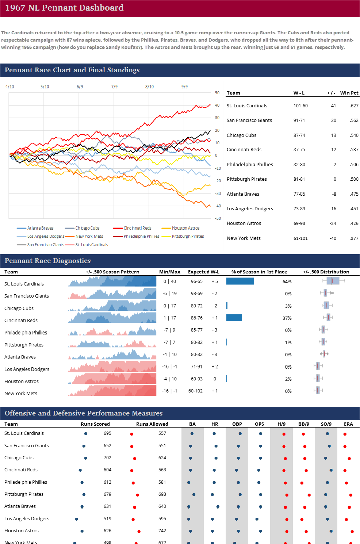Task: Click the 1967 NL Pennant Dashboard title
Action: coord(64,8)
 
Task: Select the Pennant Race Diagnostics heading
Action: coord(47,261)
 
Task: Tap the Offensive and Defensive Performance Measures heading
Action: coord(84,413)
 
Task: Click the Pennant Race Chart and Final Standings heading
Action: coord(72,70)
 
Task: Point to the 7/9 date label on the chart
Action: coord(114,87)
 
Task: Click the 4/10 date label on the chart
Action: coord(9,87)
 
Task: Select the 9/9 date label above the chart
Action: coord(184,87)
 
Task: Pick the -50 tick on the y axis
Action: coord(218,218)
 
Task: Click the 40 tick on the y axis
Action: coord(217,105)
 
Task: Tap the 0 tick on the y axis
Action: coord(216,155)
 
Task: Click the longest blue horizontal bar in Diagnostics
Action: coord(240,281)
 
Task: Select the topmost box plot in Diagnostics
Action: coord(333,280)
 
